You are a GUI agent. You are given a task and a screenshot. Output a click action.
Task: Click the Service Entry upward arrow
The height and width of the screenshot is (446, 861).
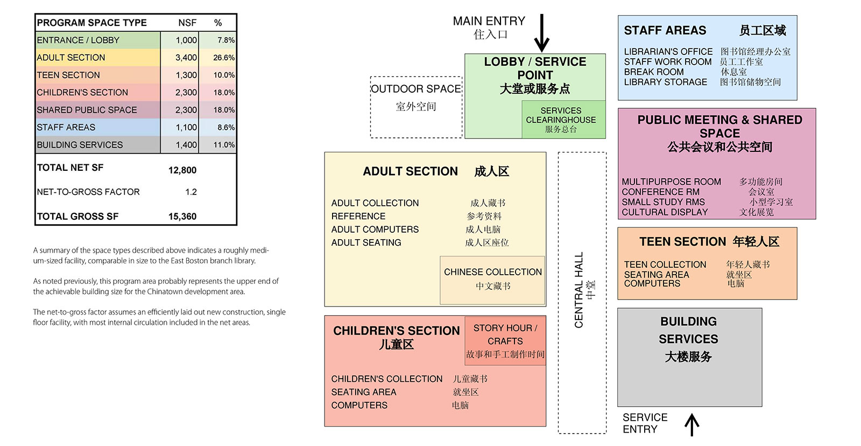tap(691, 424)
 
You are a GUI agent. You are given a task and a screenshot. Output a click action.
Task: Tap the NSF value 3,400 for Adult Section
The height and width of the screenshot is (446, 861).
tap(186, 58)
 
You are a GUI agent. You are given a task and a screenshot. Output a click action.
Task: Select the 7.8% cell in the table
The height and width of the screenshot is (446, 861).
tap(225, 40)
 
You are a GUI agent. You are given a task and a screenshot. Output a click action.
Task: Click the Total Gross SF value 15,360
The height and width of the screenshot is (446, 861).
tap(182, 217)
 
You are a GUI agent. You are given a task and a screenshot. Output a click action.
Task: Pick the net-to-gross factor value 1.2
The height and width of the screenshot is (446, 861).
tap(191, 192)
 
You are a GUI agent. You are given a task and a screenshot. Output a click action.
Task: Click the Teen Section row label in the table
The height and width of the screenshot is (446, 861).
tap(68, 75)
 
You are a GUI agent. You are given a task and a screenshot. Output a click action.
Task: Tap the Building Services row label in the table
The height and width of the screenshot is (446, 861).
tap(80, 145)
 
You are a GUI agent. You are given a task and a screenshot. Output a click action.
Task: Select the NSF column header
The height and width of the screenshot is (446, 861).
tap(187, 23)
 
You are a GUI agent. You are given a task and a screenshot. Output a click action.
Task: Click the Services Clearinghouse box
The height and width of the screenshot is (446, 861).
tap(561, 120)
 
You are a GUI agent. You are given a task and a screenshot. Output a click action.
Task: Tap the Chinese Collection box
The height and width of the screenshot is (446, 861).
tap(492, 279)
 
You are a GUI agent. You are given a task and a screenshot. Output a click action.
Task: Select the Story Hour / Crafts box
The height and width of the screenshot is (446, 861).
tap(505, 340)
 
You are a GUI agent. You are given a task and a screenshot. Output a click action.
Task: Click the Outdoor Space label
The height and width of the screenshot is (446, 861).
tap(416, 89)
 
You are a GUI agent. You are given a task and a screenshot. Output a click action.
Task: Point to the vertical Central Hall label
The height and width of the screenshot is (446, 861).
tap(579, 290)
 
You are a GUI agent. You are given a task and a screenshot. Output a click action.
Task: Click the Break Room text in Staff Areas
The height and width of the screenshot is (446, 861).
tap(654, 72)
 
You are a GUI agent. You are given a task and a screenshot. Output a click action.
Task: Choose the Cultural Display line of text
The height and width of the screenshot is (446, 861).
tap(665, 212)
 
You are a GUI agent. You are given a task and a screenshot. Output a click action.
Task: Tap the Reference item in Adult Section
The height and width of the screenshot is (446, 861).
tap(358, 216)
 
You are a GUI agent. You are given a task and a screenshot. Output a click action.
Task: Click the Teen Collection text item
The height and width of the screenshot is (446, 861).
tap(665, 264)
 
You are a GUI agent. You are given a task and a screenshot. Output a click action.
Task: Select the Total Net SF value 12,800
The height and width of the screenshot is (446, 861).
tap(182, 170)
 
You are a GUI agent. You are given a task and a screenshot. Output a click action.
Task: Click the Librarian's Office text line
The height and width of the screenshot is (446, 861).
tap(668, 52)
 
